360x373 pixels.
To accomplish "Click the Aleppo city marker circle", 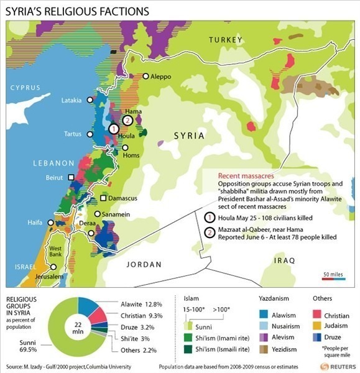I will click(146, 76).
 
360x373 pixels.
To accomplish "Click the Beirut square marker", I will click(72, 177).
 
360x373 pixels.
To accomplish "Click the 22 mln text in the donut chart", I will click(60, 327).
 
